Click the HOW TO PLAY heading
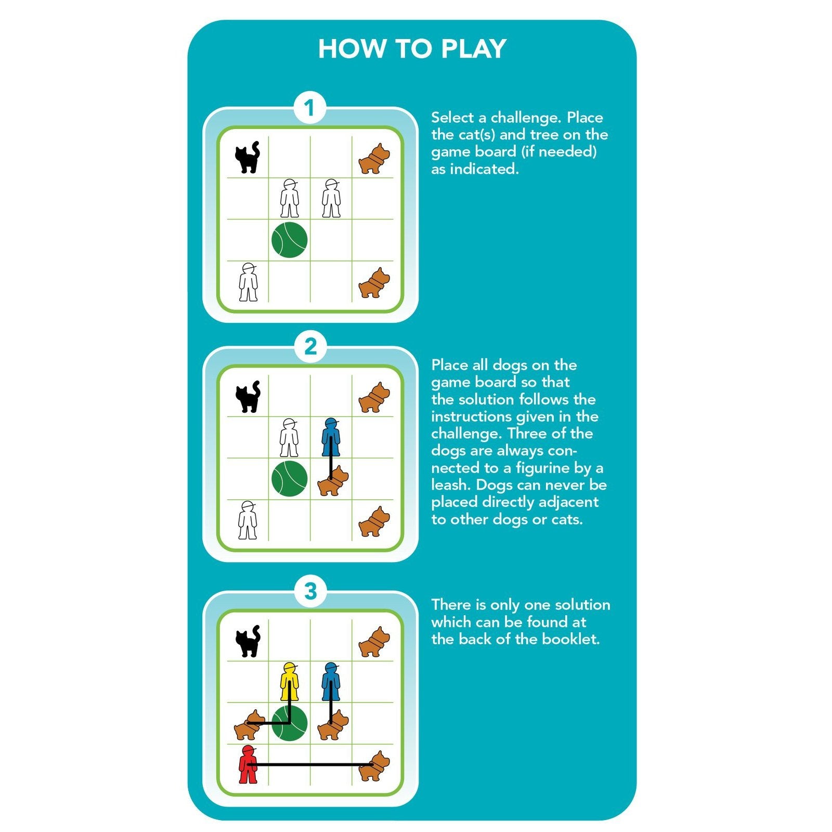412,49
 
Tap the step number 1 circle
310,108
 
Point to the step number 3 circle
310,591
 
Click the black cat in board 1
248,157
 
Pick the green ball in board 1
290,240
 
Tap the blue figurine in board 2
331,437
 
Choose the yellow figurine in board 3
289,682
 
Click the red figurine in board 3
248,764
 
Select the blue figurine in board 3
331,682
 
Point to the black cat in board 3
248,641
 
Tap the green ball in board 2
290,478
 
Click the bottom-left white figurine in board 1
248,282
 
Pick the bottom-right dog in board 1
374,283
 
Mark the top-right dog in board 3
374,642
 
